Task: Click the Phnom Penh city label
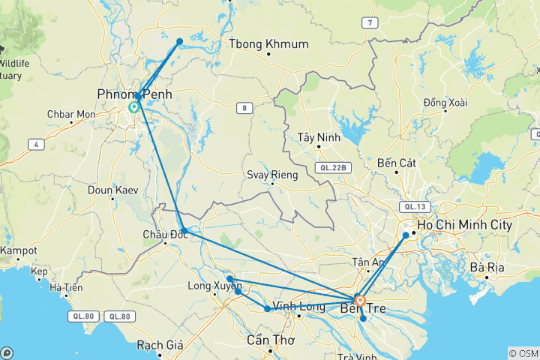134,94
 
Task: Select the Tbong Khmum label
270,44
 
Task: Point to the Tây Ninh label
319,137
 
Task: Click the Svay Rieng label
272,175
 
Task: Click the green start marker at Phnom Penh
133,107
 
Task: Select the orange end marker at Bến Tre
359,301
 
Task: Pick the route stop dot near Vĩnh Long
268,309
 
